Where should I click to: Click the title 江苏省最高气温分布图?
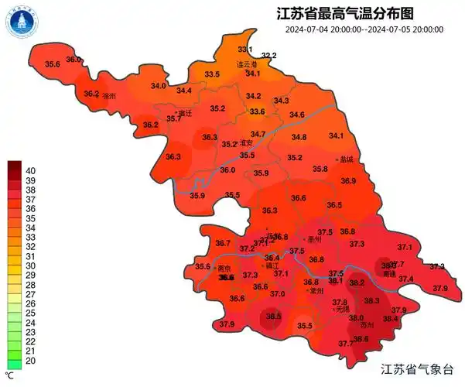coord(344,13)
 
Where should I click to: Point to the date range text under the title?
coord(364,29)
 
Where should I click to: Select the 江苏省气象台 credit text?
coord(421,371)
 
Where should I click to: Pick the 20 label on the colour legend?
coord(32,360)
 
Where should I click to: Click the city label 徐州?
coord(109,96)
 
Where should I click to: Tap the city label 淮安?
coord(247,143)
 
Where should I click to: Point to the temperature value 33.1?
coord(244,50)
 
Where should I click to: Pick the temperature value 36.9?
coord(348,180)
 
